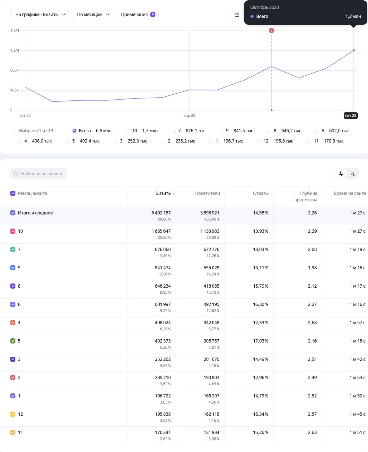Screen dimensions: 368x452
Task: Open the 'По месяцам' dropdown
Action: click(x=92, y=14)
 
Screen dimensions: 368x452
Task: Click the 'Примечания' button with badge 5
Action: click(x=137, y=14)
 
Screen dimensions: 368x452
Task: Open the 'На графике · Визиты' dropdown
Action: click(x=40, y=14)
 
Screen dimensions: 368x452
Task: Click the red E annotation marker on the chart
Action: click(x=271, y=30)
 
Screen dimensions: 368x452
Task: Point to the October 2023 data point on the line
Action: click(x=354, y=50)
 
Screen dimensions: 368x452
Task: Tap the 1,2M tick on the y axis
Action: click(x=15, y=50)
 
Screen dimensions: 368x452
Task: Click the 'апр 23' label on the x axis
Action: click(x=189, y=116)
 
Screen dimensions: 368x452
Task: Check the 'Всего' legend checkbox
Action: click(x=74, y=131)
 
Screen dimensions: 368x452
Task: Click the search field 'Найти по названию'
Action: click(x=39, y=174)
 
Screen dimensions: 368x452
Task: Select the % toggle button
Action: click(x=353, y=174)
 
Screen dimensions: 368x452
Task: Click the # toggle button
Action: click(x=341, y=174)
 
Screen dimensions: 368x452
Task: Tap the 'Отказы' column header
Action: click(x=261, y=193)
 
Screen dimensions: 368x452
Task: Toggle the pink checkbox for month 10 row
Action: click(x=13, y=231)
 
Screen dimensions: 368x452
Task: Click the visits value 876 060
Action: click(x=163, y=249)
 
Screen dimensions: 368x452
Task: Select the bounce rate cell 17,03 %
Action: click(x=261, y=341)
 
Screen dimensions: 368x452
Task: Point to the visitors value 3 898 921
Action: click(x=210, y=213)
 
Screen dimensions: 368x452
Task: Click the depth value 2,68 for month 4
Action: click(x=312, y=323)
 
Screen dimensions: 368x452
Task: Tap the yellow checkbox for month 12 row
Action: click(x=13, y=414)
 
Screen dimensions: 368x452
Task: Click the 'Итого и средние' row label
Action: click(x=35, y=213)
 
